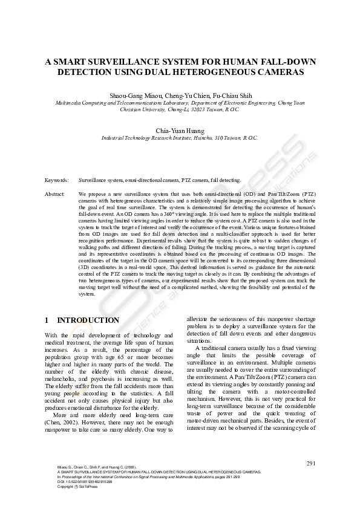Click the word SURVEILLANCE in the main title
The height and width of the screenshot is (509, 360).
(x=123, y=61)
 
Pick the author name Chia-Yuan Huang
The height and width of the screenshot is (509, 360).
(x=180, y=131)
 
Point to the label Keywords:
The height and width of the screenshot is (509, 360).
(x=57, y=180)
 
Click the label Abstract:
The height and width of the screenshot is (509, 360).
(x=55, y=193)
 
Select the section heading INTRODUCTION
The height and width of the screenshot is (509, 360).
(x=88, y=320)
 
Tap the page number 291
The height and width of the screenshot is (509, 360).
(x=312, y=463)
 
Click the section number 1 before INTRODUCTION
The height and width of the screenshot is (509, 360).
(x=47, y=320)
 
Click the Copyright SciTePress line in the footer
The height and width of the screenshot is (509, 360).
(x=73, y=487)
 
